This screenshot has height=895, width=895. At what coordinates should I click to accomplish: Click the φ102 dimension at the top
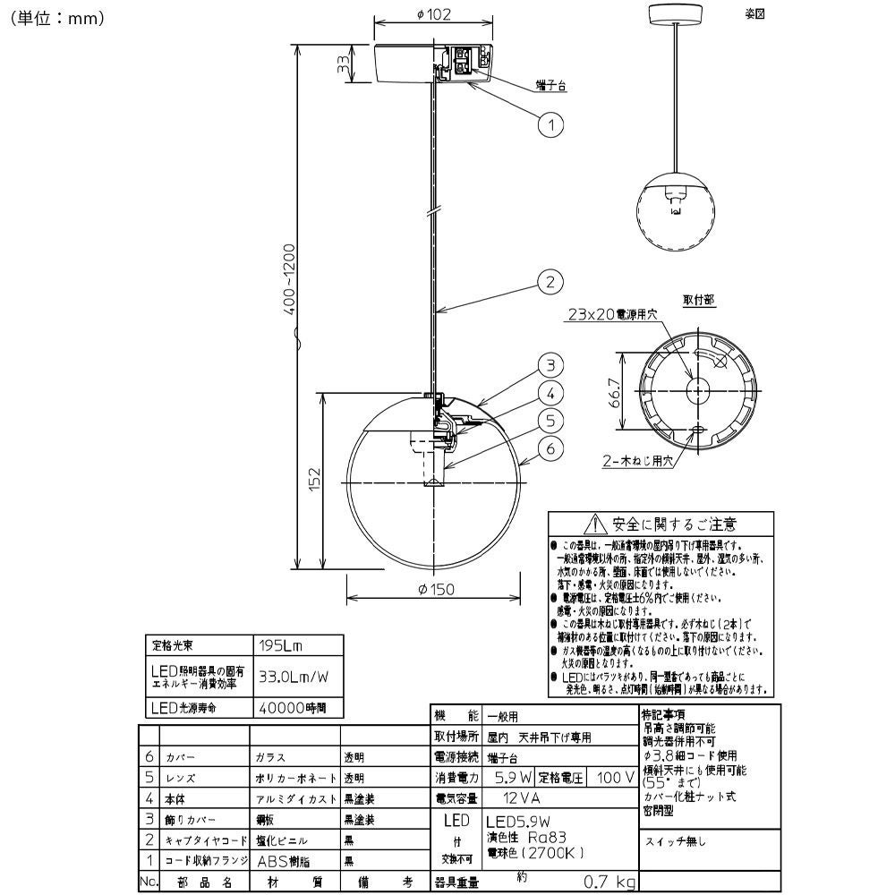(x=434, y=13)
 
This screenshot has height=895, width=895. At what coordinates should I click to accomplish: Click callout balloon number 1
(x=551, y=124)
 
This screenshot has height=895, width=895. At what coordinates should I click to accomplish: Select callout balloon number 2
(x=551, y=281)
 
